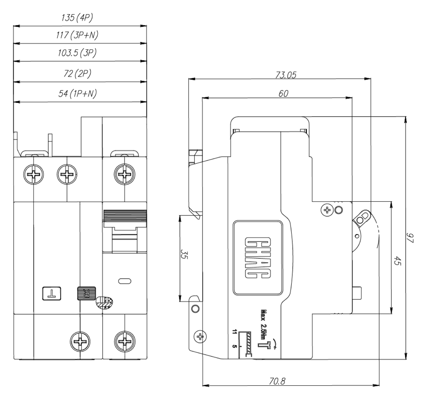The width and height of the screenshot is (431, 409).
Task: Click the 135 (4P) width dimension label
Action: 79,19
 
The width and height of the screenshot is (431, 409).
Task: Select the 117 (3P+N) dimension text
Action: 78,36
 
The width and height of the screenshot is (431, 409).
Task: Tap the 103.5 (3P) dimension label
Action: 78,54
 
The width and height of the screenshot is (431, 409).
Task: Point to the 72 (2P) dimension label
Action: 78,74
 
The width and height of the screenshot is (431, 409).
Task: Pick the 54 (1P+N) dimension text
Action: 78,95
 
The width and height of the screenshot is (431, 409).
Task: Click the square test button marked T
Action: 51,293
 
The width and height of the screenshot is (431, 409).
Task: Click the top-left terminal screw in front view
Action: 33,175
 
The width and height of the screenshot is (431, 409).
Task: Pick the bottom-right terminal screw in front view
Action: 124,342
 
